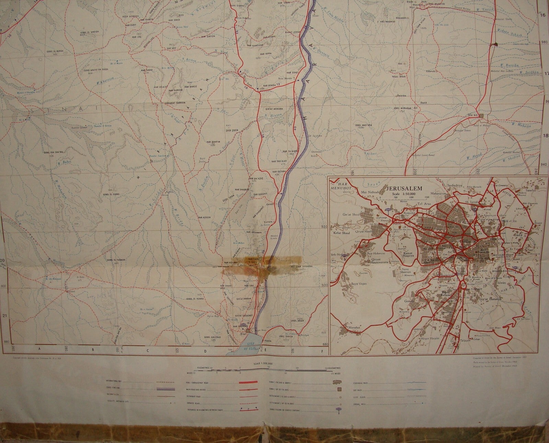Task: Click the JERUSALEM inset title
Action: coord(404,189)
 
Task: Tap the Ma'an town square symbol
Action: coord(482,116)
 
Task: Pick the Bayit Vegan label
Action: coord(359,284)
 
